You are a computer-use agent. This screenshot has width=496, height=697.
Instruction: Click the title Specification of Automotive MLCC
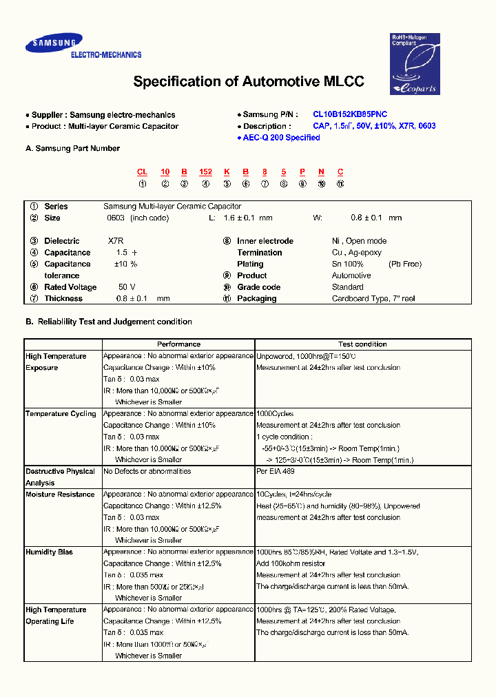click(248, 82)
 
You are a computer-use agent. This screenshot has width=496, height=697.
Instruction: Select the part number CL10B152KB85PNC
click(349, 114)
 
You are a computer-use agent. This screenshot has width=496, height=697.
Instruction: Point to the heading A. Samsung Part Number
click(72, 148)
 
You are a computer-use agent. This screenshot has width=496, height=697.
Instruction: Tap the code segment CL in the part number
click(142, 171)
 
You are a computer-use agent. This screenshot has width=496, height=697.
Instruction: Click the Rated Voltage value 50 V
click(127, 287)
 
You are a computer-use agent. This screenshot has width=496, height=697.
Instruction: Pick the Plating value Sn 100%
click(347, 264)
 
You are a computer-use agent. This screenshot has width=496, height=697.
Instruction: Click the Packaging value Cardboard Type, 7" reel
click(373, 299)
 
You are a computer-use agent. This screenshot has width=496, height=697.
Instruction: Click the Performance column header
click(178, 344)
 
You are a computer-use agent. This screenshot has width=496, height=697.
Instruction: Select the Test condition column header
click(362, 344)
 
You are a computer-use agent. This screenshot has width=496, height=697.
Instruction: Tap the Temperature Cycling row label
click(61, 414)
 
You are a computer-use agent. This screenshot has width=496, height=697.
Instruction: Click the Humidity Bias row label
click(49, 552)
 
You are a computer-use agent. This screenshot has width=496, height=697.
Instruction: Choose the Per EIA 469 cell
click(275, 472)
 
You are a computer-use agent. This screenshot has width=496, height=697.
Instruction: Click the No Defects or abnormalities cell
click(147, 472)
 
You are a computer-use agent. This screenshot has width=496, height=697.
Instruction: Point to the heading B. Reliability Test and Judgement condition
click(108, 322)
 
